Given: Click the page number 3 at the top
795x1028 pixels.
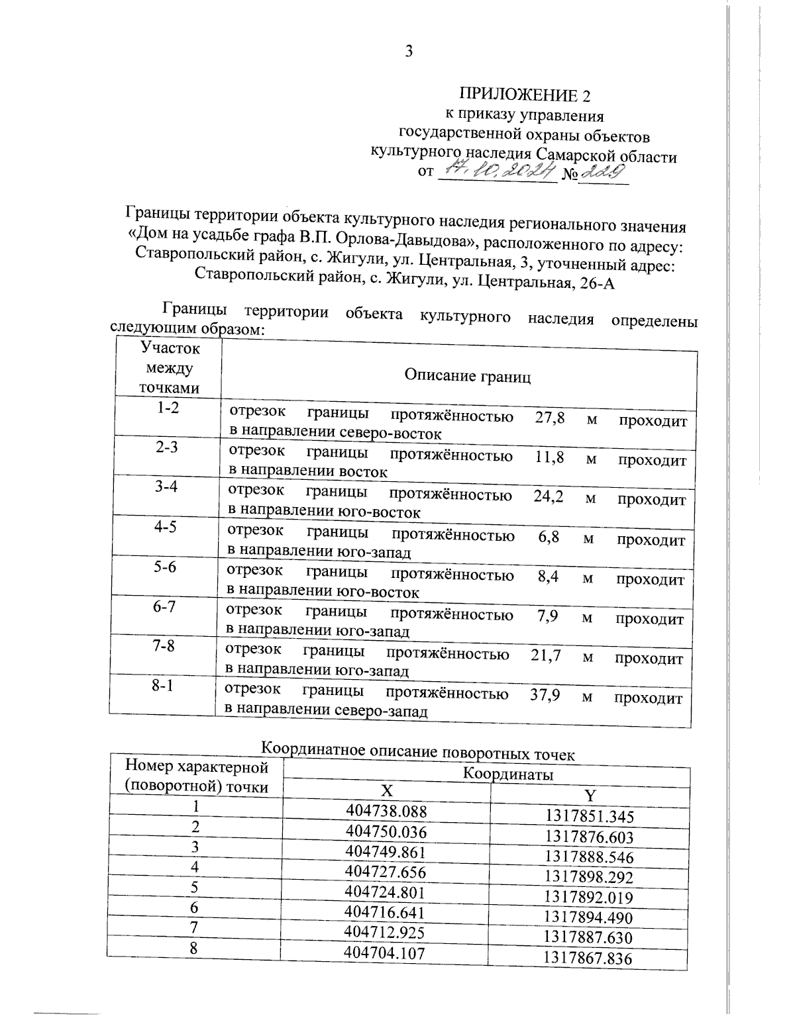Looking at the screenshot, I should coord(409,51).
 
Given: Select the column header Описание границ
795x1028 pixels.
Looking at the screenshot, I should coord(468,376).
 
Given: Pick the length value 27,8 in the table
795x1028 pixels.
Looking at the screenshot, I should coord(549,418).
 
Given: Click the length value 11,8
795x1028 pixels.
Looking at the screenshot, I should coord(549,457).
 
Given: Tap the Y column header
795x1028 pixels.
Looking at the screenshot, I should coord(590,795).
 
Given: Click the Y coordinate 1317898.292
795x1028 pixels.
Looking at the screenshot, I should coord(589,877).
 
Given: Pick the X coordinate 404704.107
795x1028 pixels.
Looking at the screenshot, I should coord(385,953).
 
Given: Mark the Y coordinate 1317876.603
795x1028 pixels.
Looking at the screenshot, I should coord(589,836).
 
